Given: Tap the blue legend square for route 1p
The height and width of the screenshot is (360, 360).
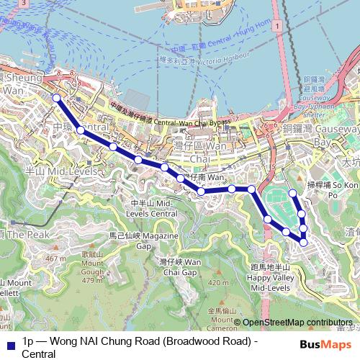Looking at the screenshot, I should (9, 343).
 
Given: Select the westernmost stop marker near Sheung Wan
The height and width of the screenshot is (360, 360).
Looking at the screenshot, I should (56, 98).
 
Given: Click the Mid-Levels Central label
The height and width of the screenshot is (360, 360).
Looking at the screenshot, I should (155, 210).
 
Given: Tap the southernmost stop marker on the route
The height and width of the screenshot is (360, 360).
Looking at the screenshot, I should (303, 242).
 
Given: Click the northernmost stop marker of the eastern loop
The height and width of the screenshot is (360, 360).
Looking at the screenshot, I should (293, 193).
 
